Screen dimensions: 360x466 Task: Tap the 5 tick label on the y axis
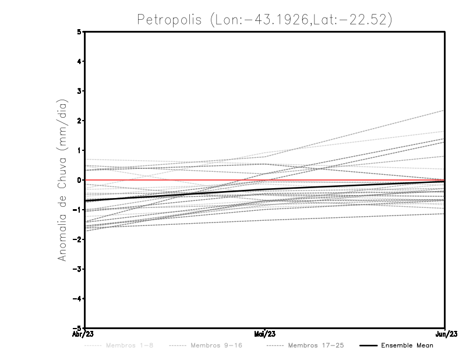coord(79,32)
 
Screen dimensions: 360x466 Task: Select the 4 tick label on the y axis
coord(79,61)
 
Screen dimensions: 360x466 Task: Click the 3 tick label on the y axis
coord(79,91)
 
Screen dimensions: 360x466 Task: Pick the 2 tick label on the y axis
coord(79,121)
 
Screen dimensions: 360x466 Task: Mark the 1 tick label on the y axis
coord(79,150)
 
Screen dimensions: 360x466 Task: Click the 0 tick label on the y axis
coord(79,180)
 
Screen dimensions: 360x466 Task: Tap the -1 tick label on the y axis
coord(77,210)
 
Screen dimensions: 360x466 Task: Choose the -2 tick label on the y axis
coord(77,239)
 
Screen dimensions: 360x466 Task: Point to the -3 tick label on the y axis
coord(77,269)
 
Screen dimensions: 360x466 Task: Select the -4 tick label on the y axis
coord(77,298)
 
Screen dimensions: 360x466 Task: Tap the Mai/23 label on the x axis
coord(265,334)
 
